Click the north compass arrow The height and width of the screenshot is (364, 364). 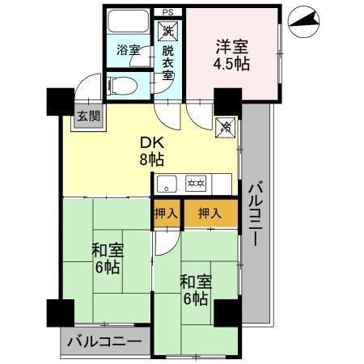303,20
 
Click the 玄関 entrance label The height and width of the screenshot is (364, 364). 89,115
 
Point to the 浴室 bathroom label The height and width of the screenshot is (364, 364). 129,51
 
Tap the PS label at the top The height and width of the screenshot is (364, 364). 167,12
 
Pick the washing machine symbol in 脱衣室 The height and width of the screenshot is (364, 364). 167,31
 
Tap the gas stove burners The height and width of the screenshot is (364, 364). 196,182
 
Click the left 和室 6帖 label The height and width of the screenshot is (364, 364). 107,259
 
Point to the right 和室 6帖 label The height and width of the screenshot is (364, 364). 195,290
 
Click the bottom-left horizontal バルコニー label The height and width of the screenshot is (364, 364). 104,341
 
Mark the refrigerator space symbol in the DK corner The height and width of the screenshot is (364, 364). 227,126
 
